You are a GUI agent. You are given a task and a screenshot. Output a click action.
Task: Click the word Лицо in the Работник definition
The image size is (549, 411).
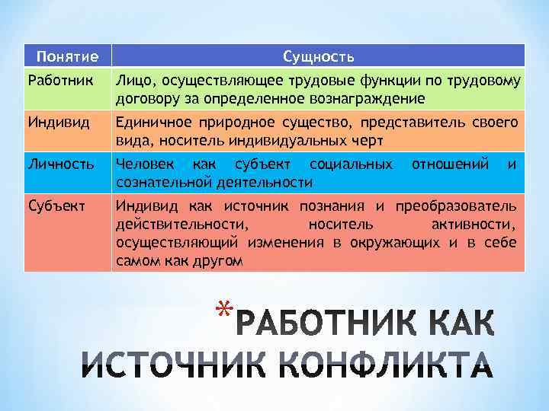(131, 81)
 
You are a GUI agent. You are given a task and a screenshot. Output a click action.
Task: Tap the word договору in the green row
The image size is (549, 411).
(142, 99)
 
